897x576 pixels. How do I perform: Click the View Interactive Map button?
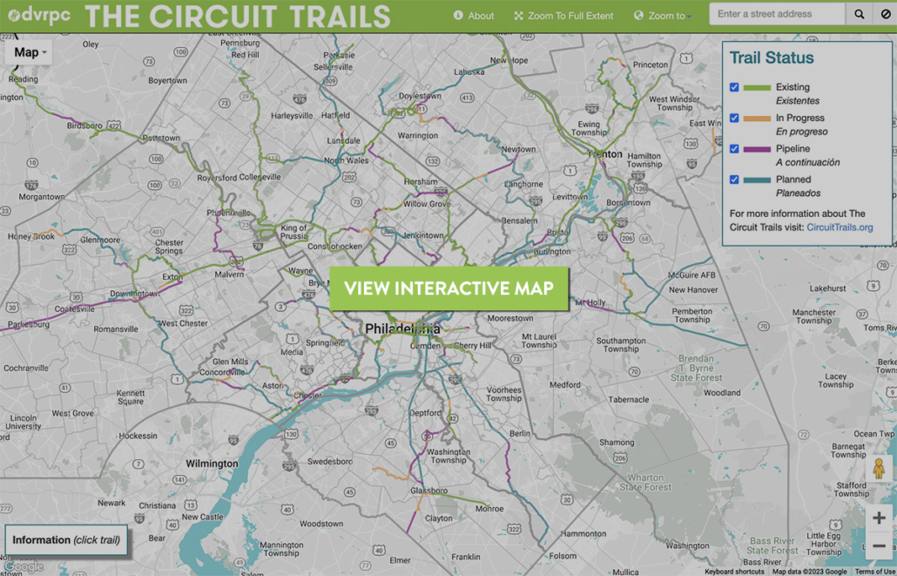pos(448,288)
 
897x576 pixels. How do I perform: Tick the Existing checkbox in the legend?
pos(734,87)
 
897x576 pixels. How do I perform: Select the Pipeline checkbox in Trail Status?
pos(734,149)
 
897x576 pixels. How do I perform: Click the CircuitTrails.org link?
pos(840,227)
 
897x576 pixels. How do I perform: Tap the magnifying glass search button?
pos(860,14)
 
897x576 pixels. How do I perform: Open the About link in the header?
pos(474,16)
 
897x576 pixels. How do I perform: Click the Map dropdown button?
pos(30,52)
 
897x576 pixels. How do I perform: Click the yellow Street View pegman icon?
pos(879,469)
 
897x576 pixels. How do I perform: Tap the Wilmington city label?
pos(212,464)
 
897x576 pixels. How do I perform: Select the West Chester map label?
pos(206,323)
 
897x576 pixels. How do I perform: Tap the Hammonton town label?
pos(583,533)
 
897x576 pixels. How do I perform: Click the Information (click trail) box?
pos(66,540)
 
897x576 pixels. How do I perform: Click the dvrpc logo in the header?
pos(38,15)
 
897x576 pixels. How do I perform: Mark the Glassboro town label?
pos(428,491)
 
